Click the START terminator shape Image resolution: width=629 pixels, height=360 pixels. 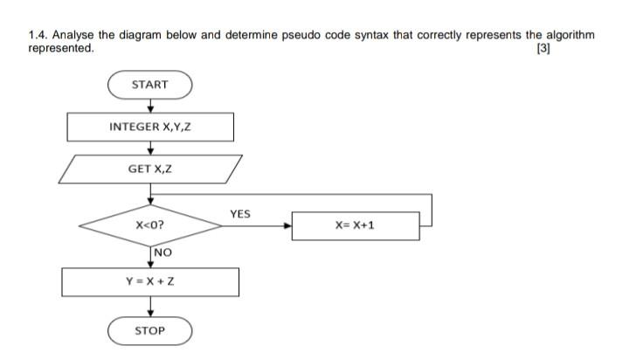coord(149,85)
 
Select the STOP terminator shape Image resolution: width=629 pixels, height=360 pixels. coord(149,331)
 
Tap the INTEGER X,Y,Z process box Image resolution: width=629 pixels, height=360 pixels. coord(150,127)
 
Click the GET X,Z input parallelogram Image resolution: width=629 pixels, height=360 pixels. coord(150,169)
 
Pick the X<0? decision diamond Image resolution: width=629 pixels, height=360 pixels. coord(150,225)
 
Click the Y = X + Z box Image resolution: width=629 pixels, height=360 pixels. coord(150,281)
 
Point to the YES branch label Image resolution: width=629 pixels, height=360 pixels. coord(239,213)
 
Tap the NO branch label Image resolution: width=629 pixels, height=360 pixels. coord(162,253)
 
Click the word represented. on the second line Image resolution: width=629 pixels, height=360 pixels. coord(60,48)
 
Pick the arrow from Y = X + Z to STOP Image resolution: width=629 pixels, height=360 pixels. coord(150,307)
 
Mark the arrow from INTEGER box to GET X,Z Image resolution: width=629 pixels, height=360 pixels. coord(150,148)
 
